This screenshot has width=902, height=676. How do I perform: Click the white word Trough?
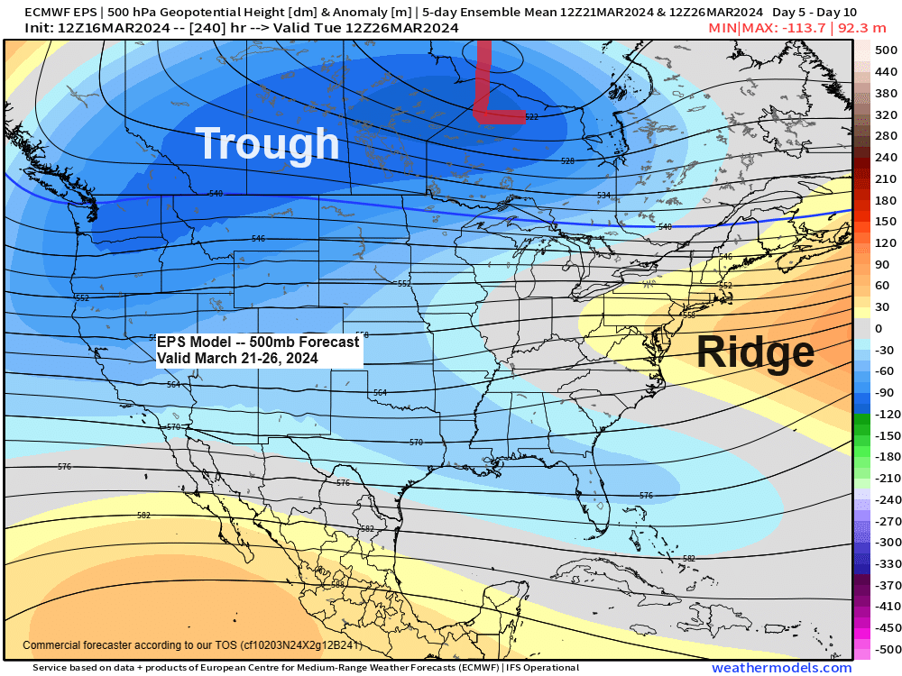coord(267,144)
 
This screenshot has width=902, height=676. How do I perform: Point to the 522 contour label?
coord(531,117)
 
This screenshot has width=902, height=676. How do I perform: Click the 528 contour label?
coord(567,161)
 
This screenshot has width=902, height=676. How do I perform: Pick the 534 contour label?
coord(603,196)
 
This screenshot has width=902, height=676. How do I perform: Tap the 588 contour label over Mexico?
coord(337,584)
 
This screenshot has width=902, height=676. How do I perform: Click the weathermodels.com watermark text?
coord(781,668)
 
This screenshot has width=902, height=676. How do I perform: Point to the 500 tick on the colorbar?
coord(886,50)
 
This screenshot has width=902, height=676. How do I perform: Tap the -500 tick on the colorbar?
coord(886,649)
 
